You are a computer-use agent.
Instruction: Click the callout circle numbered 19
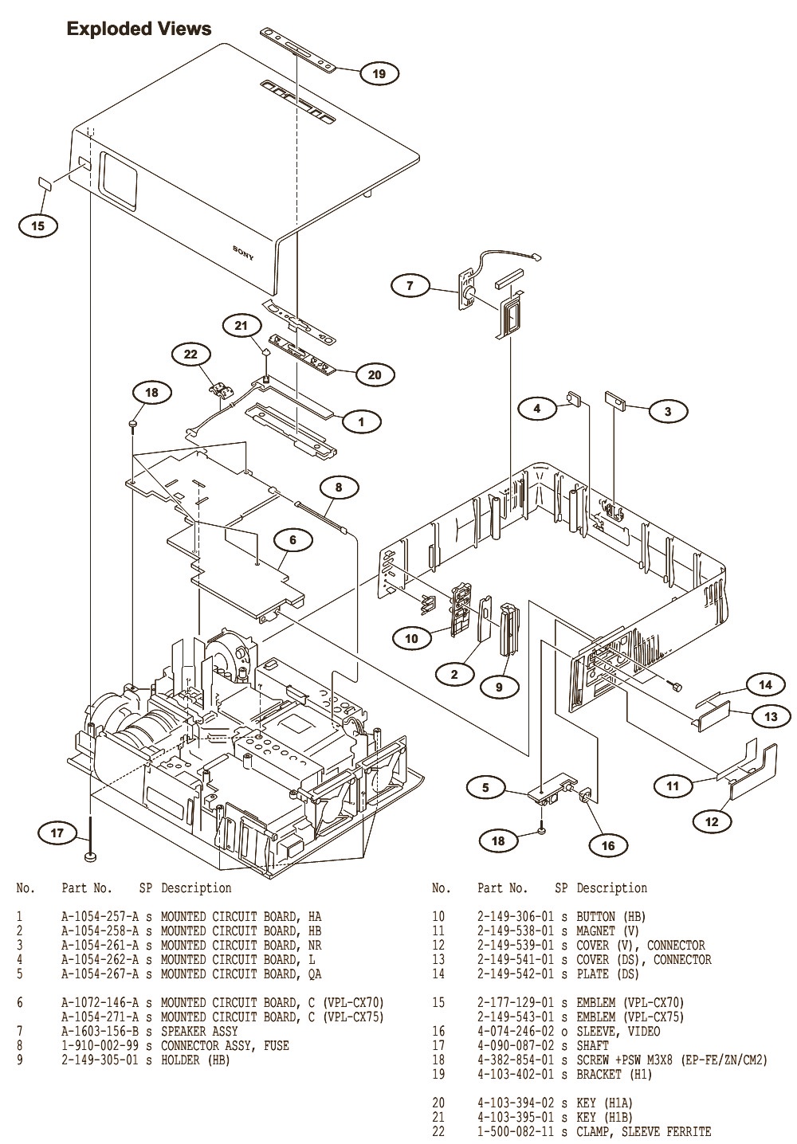pos(379,74)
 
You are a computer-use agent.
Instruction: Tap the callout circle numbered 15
pos(38,225)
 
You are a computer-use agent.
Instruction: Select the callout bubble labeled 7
pos(410,285)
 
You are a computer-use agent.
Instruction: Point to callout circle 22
pos(191,355)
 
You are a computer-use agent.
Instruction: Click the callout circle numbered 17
pos(57,833)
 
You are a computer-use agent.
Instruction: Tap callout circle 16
pos(608,845)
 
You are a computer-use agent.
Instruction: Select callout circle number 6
pos(292,540)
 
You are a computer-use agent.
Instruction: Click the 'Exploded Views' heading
pos(139,29)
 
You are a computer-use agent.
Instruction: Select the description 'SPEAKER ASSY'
pos(199,1031)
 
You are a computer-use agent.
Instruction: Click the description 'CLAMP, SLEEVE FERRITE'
pos(644,1131)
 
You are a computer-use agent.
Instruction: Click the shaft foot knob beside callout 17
pos(92,857)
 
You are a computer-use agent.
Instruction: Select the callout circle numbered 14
pos(765,684)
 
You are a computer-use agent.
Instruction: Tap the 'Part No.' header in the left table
pos(87,887)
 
